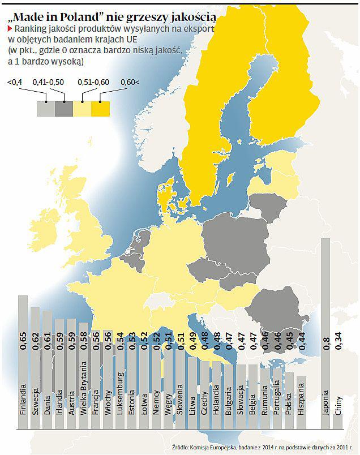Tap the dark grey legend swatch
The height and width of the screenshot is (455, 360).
tap(63, 108)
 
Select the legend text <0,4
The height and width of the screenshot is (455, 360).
tap(15, 83)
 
